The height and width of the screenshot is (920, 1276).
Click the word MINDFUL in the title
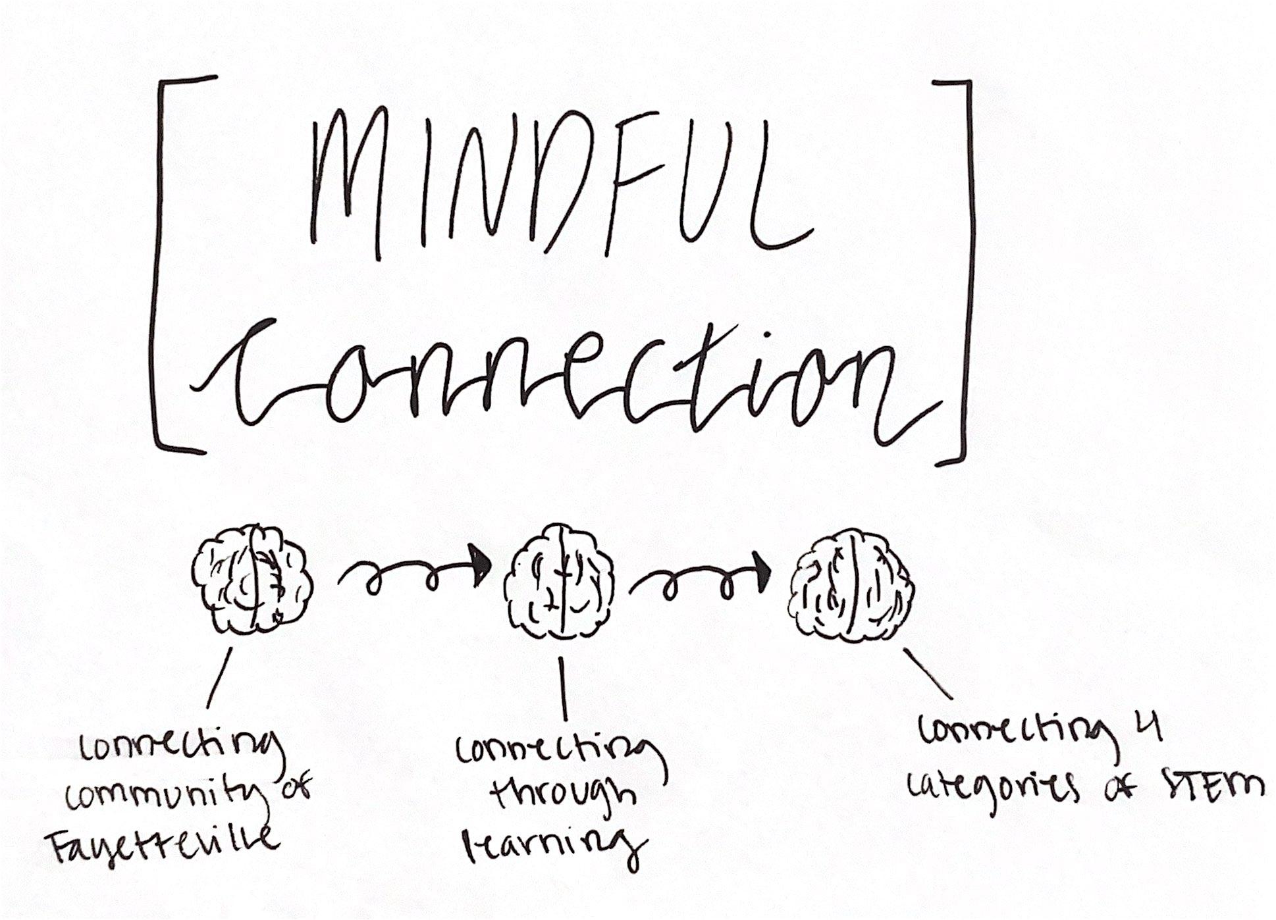tap(560, 184)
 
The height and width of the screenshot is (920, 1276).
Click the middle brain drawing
tap(561, 583)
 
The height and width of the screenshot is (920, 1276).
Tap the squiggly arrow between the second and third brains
tap(701, 579)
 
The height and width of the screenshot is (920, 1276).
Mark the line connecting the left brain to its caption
tap(219, 678)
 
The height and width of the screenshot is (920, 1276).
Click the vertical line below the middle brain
tap(564, 688)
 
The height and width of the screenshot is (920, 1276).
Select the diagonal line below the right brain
tap(928, 673)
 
